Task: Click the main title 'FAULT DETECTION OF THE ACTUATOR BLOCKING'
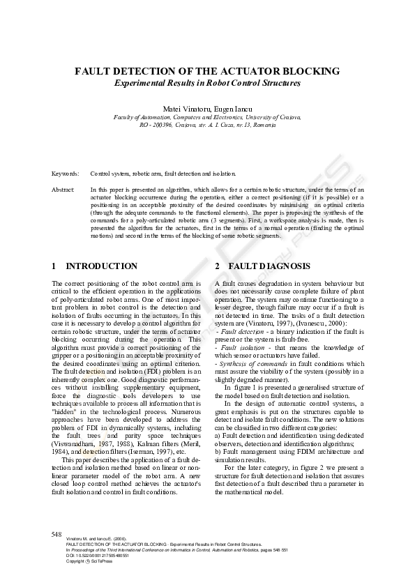coord(207,71)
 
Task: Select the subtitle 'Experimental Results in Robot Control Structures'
coord(207,83)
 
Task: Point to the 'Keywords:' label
coord(65,174)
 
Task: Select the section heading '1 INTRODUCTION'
coord(95,266)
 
